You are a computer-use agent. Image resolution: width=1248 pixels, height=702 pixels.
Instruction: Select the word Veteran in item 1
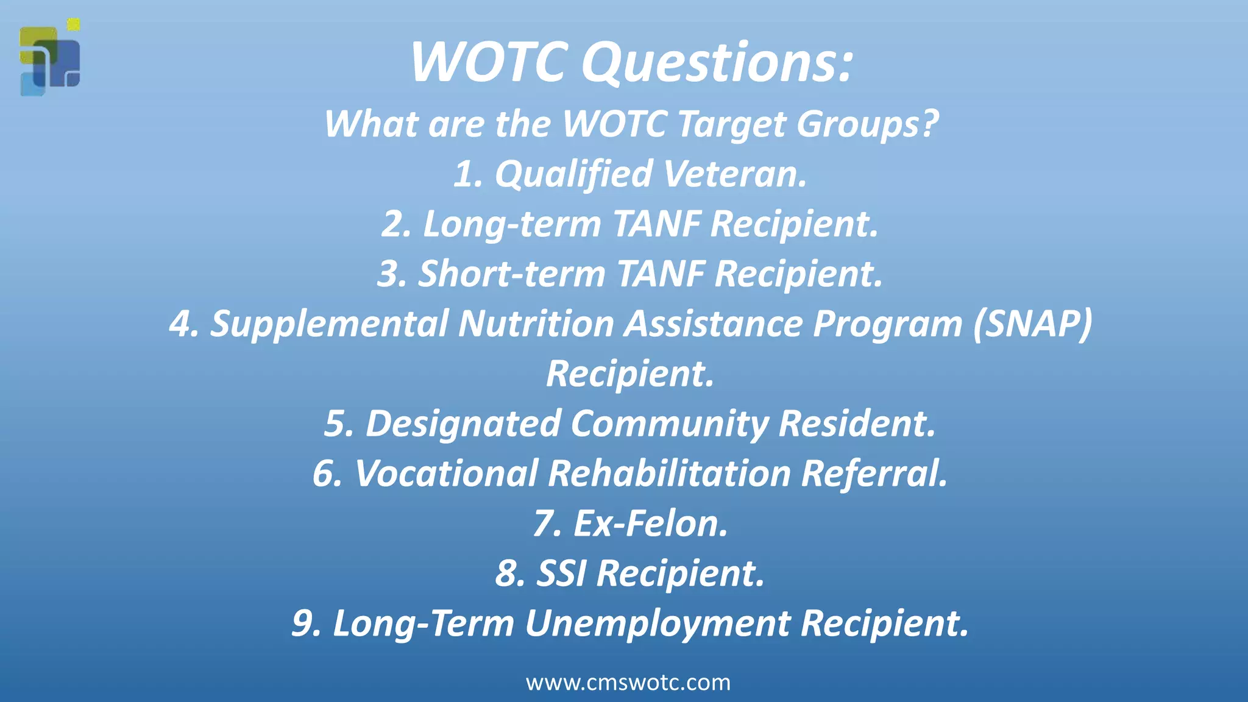pyautogui.click(x=734, y=174)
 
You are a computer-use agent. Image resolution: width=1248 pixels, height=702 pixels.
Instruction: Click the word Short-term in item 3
pyautogui.click(x=512, y=274)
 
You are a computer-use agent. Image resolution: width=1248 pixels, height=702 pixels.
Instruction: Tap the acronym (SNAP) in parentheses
pyautogui.click(x=1032, y=324)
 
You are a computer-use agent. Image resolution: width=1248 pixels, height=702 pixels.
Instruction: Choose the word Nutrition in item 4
pyautogui.click(x=536, y=324)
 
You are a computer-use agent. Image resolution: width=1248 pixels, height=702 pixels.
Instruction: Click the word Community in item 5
pyautogui.click(x=670, y=424)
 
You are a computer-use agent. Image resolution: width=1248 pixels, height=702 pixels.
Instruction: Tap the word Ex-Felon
pyautogui.click(x=650, y=523)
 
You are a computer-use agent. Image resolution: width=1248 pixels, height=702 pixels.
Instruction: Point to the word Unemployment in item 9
pyautogui.click(x=658, y=623)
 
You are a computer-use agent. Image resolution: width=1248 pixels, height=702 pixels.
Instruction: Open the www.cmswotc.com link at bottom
pyautogui.click(x=628, y=682)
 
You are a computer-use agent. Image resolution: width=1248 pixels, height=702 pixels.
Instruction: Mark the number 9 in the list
pyautogui.click(x=304, y=623)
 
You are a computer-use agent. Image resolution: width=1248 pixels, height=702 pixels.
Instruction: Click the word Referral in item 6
pyautogui.click(x=874, y=473)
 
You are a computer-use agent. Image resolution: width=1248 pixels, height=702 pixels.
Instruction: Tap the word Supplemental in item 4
pyautogui.click(x=329, y=324)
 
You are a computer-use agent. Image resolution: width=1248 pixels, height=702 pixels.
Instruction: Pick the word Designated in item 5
pyautogui.click(x=463, y=424)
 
